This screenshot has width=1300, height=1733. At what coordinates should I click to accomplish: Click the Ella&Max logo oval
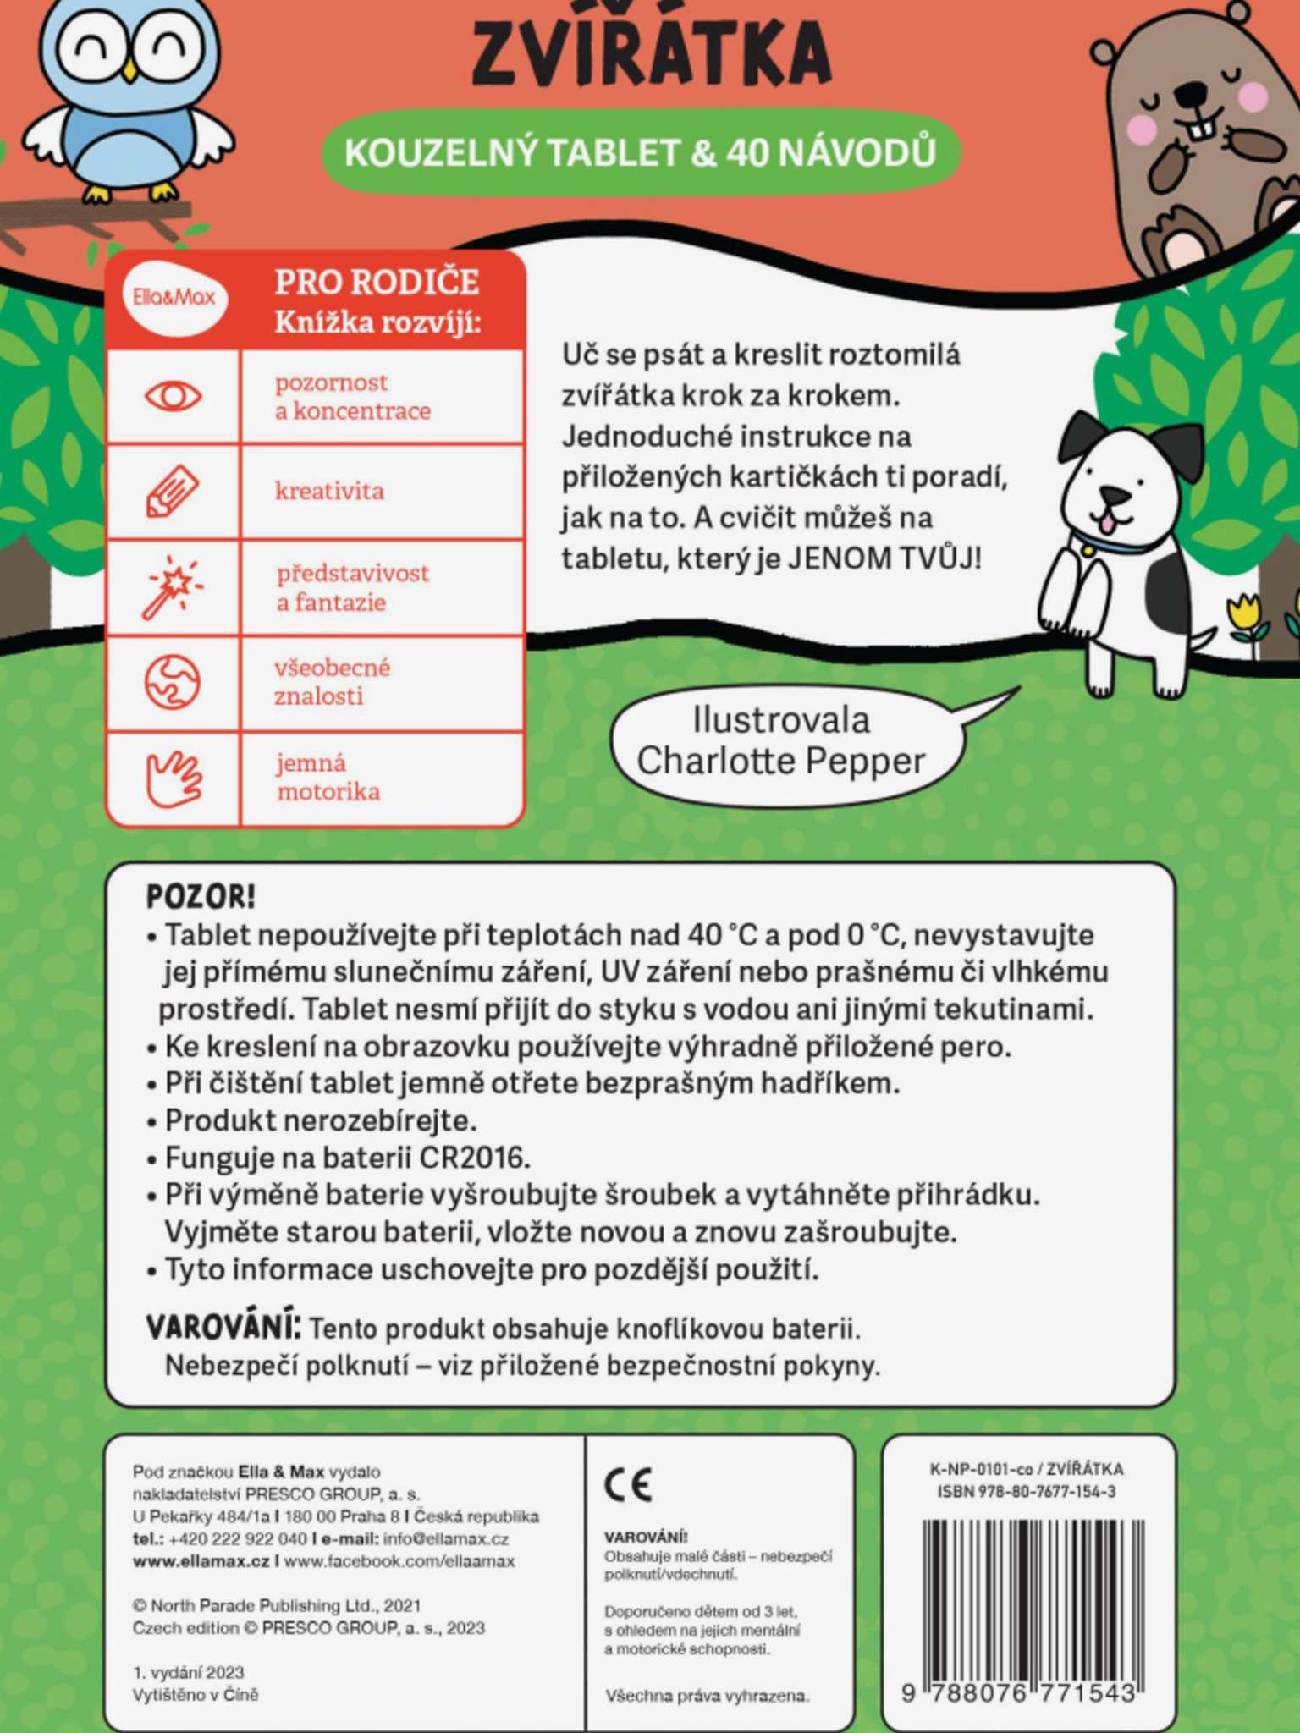(x=174, y=297)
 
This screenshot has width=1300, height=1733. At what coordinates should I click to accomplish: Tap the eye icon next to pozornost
(x=174, y=396)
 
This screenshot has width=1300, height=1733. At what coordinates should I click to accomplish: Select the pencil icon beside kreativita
(x=173, y=490)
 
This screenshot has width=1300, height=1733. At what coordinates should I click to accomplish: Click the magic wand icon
(x=173, y=586)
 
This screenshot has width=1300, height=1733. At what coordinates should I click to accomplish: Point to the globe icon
(x=173, y=682)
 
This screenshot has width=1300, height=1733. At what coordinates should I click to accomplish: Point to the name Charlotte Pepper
(x=780, y=761)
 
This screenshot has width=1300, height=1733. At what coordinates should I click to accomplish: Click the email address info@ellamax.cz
(x=446, y=1538)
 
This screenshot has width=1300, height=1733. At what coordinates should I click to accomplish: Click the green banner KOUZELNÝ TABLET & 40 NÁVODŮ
(x=641, y=152)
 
